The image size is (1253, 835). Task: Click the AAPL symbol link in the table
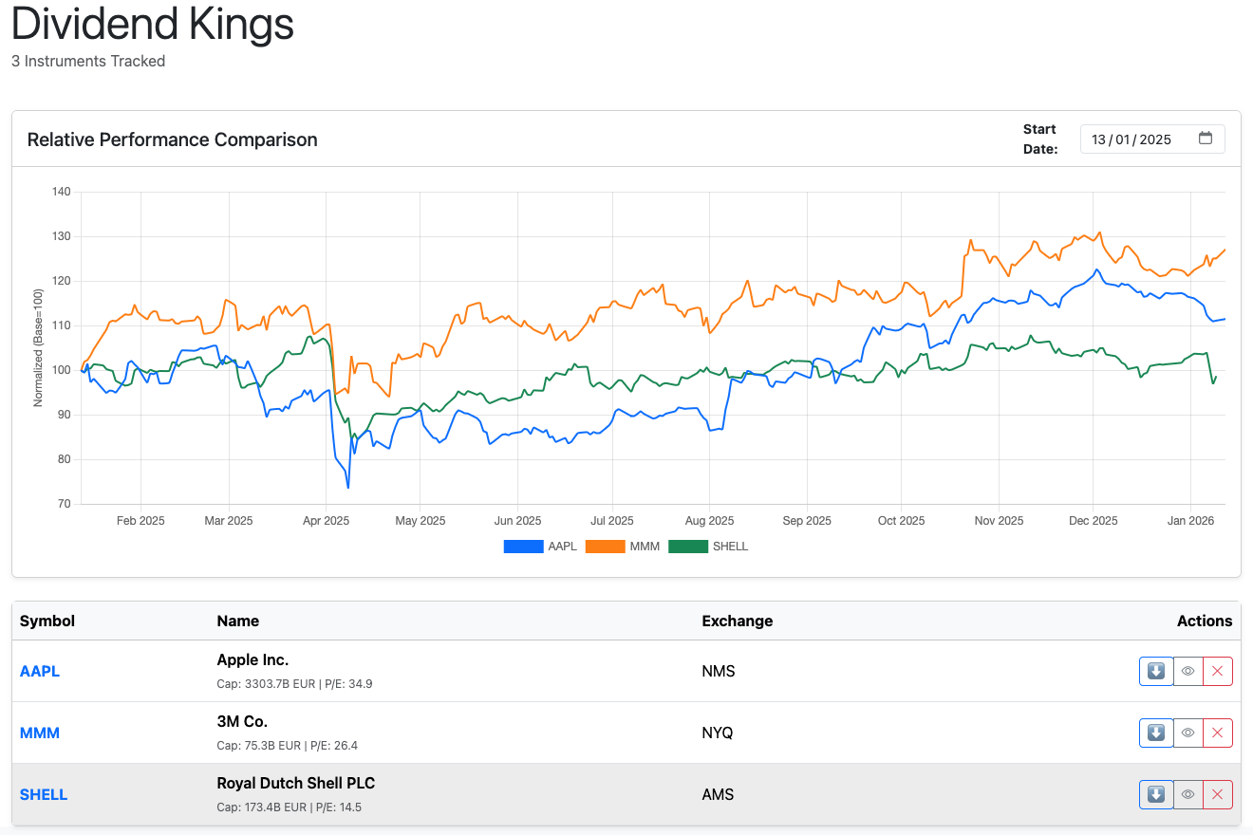40,671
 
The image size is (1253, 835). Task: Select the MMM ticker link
40,733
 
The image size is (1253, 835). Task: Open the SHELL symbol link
44,794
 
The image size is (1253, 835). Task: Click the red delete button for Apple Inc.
1217,671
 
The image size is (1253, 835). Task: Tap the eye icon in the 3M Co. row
1188,733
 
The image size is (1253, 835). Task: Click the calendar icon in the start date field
1206,139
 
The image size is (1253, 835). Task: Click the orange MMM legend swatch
604,547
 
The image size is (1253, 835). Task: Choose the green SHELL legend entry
708,547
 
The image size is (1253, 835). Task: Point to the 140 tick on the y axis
62,192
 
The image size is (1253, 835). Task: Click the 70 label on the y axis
64,504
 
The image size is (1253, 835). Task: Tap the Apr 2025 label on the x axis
326,521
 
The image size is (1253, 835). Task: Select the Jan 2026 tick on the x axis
1189,521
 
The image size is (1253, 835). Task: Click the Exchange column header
737,621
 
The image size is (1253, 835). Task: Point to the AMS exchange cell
718,794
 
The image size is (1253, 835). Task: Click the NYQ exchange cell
718,733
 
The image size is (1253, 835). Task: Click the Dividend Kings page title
153,24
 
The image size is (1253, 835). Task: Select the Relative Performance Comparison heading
172,139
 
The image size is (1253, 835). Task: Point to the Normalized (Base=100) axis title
38,347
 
